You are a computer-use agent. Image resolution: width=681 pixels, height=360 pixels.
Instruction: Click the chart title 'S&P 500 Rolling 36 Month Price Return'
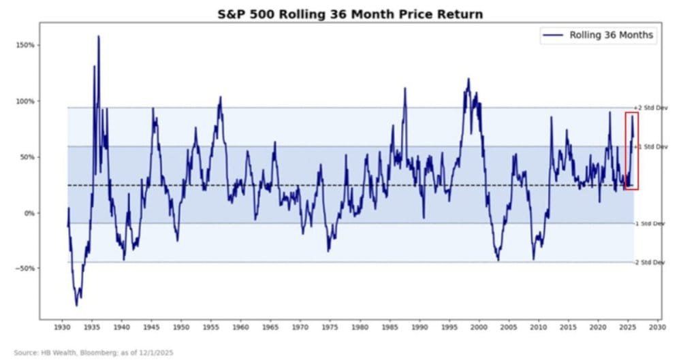[340, 14]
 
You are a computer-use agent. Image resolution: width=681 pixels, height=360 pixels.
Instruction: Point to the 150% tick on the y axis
[26, 46]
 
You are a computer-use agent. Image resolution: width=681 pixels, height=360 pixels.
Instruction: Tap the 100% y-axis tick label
[26, 101]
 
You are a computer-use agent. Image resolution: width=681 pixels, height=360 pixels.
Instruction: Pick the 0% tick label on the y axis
[29, 213]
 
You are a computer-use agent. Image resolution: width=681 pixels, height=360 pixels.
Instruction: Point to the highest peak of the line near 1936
[99, 37]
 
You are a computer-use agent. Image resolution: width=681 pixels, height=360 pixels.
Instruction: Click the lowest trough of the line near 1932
[76, 305]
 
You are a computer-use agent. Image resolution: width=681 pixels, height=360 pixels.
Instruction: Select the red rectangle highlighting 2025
[631, 150]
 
